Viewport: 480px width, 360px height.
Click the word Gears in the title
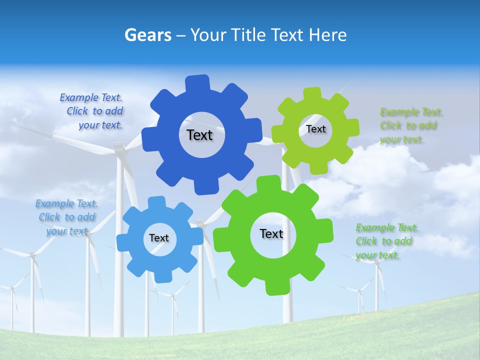tap(148, 35)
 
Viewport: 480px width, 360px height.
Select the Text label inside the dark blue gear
tap(199, 135)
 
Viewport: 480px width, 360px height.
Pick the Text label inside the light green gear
tap(315, 129)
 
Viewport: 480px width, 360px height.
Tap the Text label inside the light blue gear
tap(159, 238)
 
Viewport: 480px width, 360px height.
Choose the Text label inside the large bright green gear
tap(271, 233)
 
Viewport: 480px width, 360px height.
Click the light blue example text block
tap(66, 217)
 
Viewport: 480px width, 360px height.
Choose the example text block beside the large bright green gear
tap(386, 241)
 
